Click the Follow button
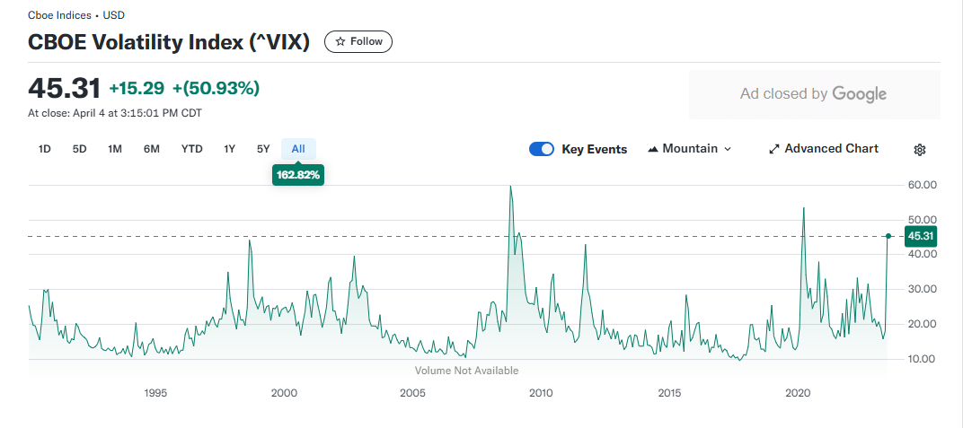pyautogui.click(x=358, y=41)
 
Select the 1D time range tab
pyautogui.click(x=44, y=149)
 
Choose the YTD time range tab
pyautogui.click(x=191, y=149)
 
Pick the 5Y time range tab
pyautogui.click(x=263, y=149)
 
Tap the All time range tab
pyautogui.click(x=298, y=149)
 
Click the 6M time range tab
pyautogui.click(x=152, y=149)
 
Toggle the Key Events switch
pyautogui.click(x=542, y=149)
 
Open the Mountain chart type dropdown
pyautogui.click(x=690, y=149)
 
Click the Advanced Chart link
pyautogui.click(x=824, y=149)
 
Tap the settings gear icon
pyautogui.click(x=919, y=150)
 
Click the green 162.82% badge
pyautogui.click(x=298, y=175)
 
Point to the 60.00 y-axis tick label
pyautogui.click(x=922, y=185)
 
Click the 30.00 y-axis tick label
pyautogui.click(x=922, y=290)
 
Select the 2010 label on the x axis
pyautogui.click(x=541, y=393)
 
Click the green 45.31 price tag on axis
pyautogui.click(x=922, y=236)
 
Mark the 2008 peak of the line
pyautogui.click(x=510, y=186)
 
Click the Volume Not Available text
pyautogui.click(x=467, y=371)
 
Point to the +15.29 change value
pyautogui.click(x=137, y=89)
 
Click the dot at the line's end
pyautogui.click(x=888, y=236)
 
